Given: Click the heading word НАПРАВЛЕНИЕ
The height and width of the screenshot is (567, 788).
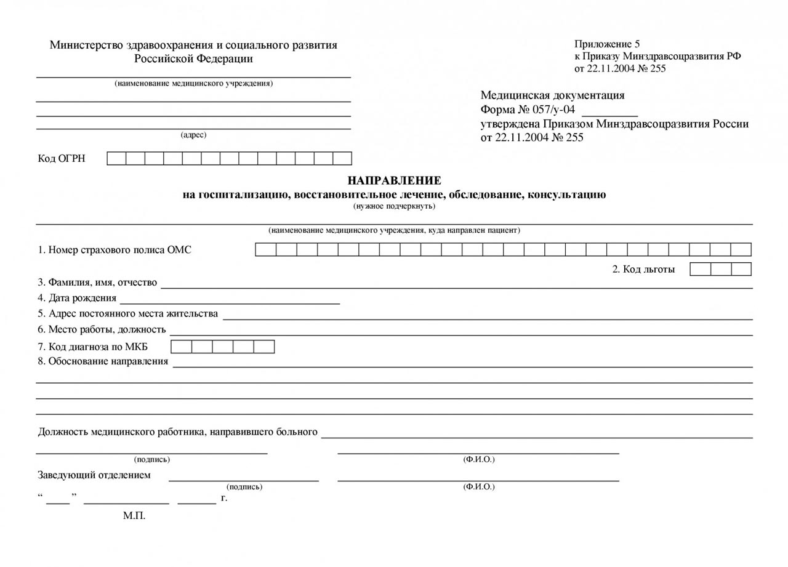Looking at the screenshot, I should pyautogui.click(x=394, y=180).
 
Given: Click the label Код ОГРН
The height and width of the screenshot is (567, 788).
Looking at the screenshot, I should pyautogui.click(x=62, y=159).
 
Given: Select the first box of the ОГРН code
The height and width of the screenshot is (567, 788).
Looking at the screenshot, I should pyautogui.click(x=116, y=159).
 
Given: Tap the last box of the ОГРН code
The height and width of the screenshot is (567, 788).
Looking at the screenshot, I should pyautogui.click(x=342, y=159).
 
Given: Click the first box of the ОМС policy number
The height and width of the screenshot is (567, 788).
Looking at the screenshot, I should pyautogui.click(x=266, y=250).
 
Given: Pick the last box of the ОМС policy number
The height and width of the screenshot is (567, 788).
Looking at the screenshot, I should pyautogui.click(x=741, y=250).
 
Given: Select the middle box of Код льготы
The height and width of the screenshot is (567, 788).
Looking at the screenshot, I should pyautogui.click(x=721, y=269).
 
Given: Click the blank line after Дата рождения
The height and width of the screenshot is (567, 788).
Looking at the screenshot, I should pyautogui.click(x=230, y=300).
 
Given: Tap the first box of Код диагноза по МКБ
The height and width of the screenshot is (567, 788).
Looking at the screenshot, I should pyautogui.click(x=181, y=347).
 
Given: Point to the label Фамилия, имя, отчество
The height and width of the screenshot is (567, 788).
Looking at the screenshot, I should pyautogui.click(x=97, y=283).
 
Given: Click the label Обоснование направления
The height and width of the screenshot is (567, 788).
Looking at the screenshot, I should pyautogui.click(x=103, y=361).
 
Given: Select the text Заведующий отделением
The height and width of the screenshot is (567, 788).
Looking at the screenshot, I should pyautogui.click(x=94, y=475).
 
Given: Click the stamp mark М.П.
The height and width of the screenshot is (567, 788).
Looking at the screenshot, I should pyautogui.click(x=134, y=516).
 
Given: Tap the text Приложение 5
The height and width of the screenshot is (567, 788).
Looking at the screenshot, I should pyautogui.click(x=607, y=44).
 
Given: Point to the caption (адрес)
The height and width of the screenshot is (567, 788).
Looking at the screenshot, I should pyautogui.click(x=193, y=135).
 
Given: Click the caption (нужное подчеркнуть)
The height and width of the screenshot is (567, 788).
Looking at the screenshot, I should pyautogui.click(x=394, y=206).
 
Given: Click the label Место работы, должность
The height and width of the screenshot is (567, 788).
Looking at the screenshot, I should pyautogui.click(x=102, y=329).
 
